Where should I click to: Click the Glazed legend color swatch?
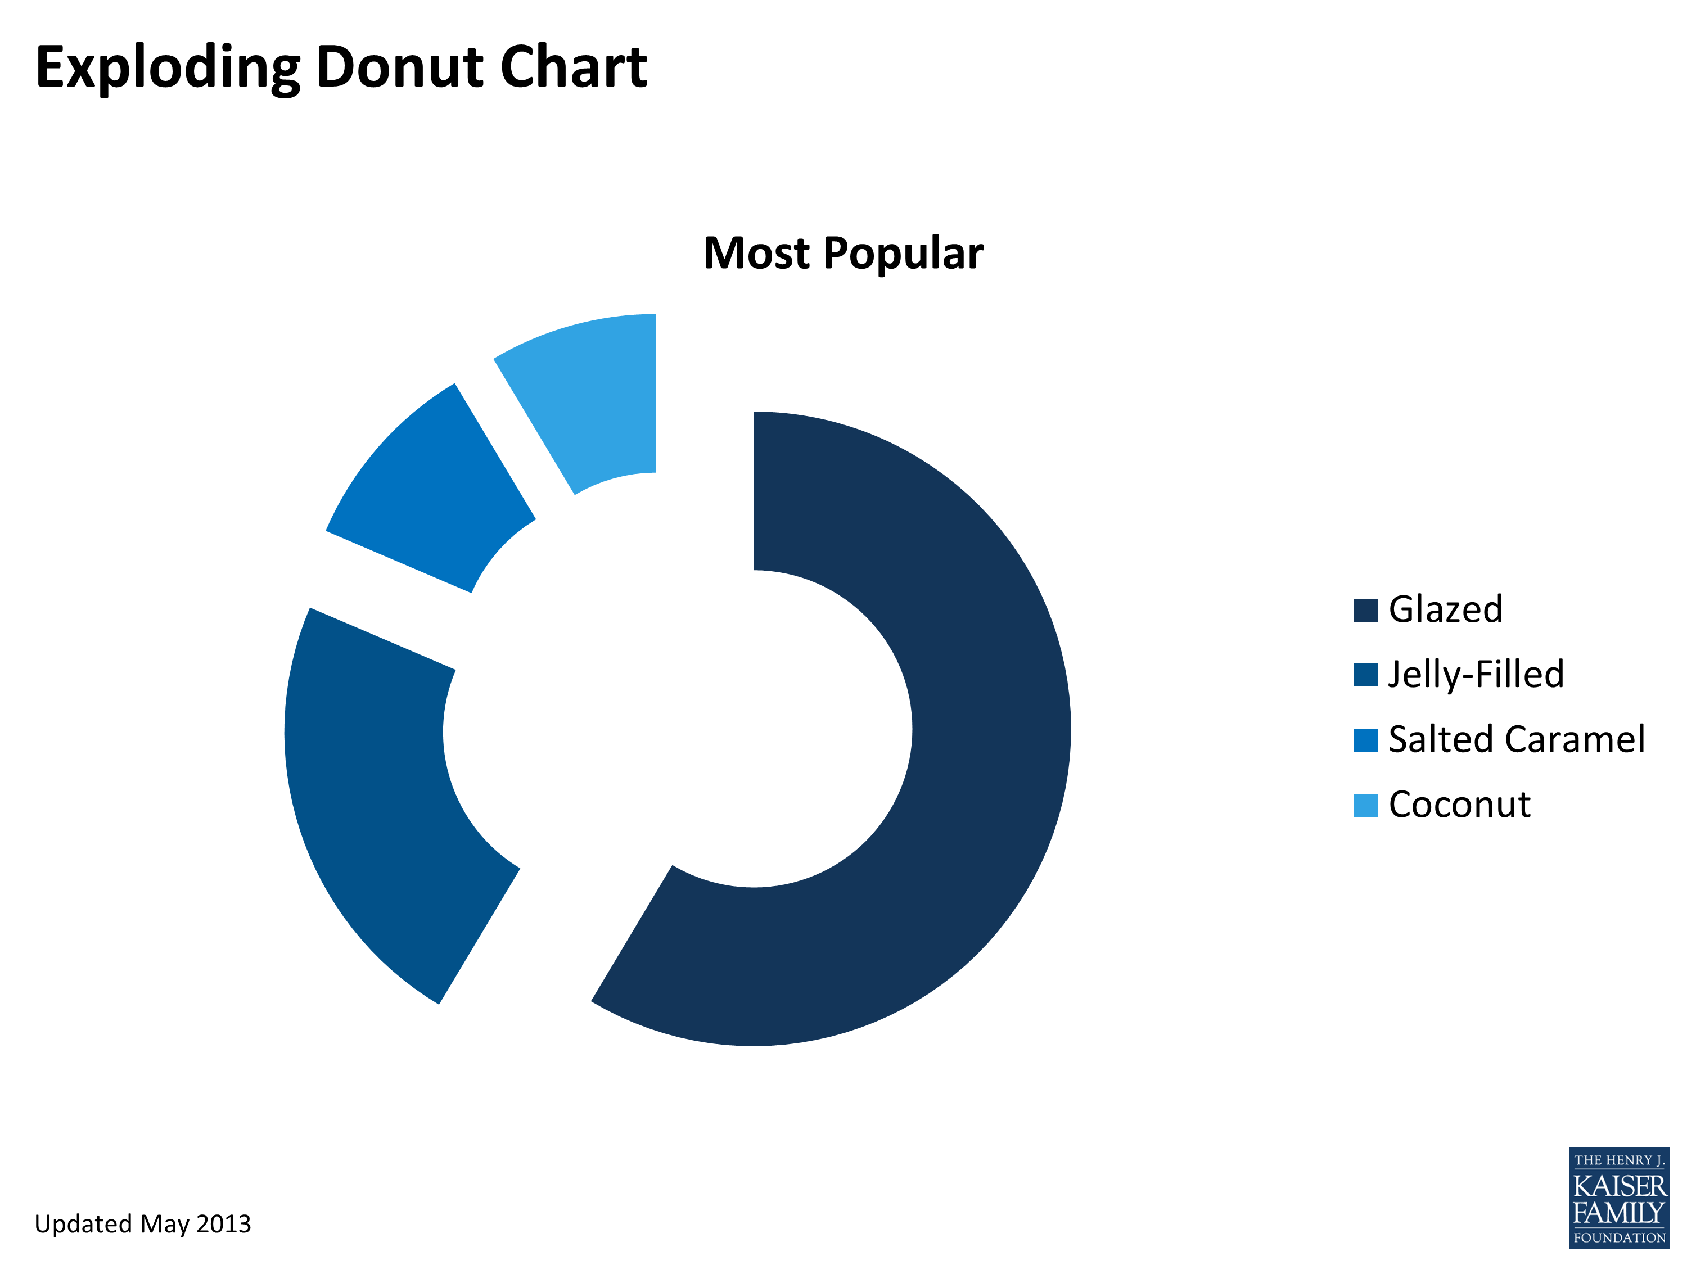pos(1365,610)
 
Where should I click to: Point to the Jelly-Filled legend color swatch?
pos(1365,675)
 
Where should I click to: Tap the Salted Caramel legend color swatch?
pos(1365,740)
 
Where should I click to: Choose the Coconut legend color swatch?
pos(1365,805)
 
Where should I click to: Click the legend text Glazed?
pos(1445,609)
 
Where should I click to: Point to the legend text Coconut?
pos(1459,805)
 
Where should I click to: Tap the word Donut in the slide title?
pos(401,67)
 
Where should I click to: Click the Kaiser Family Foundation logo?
pos(1619,1198)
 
